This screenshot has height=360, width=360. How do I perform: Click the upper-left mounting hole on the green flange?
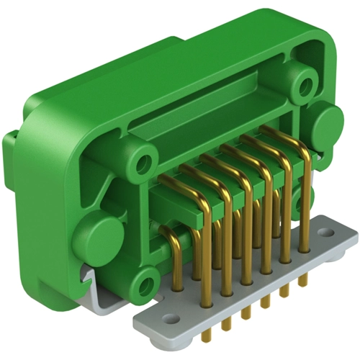145,157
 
